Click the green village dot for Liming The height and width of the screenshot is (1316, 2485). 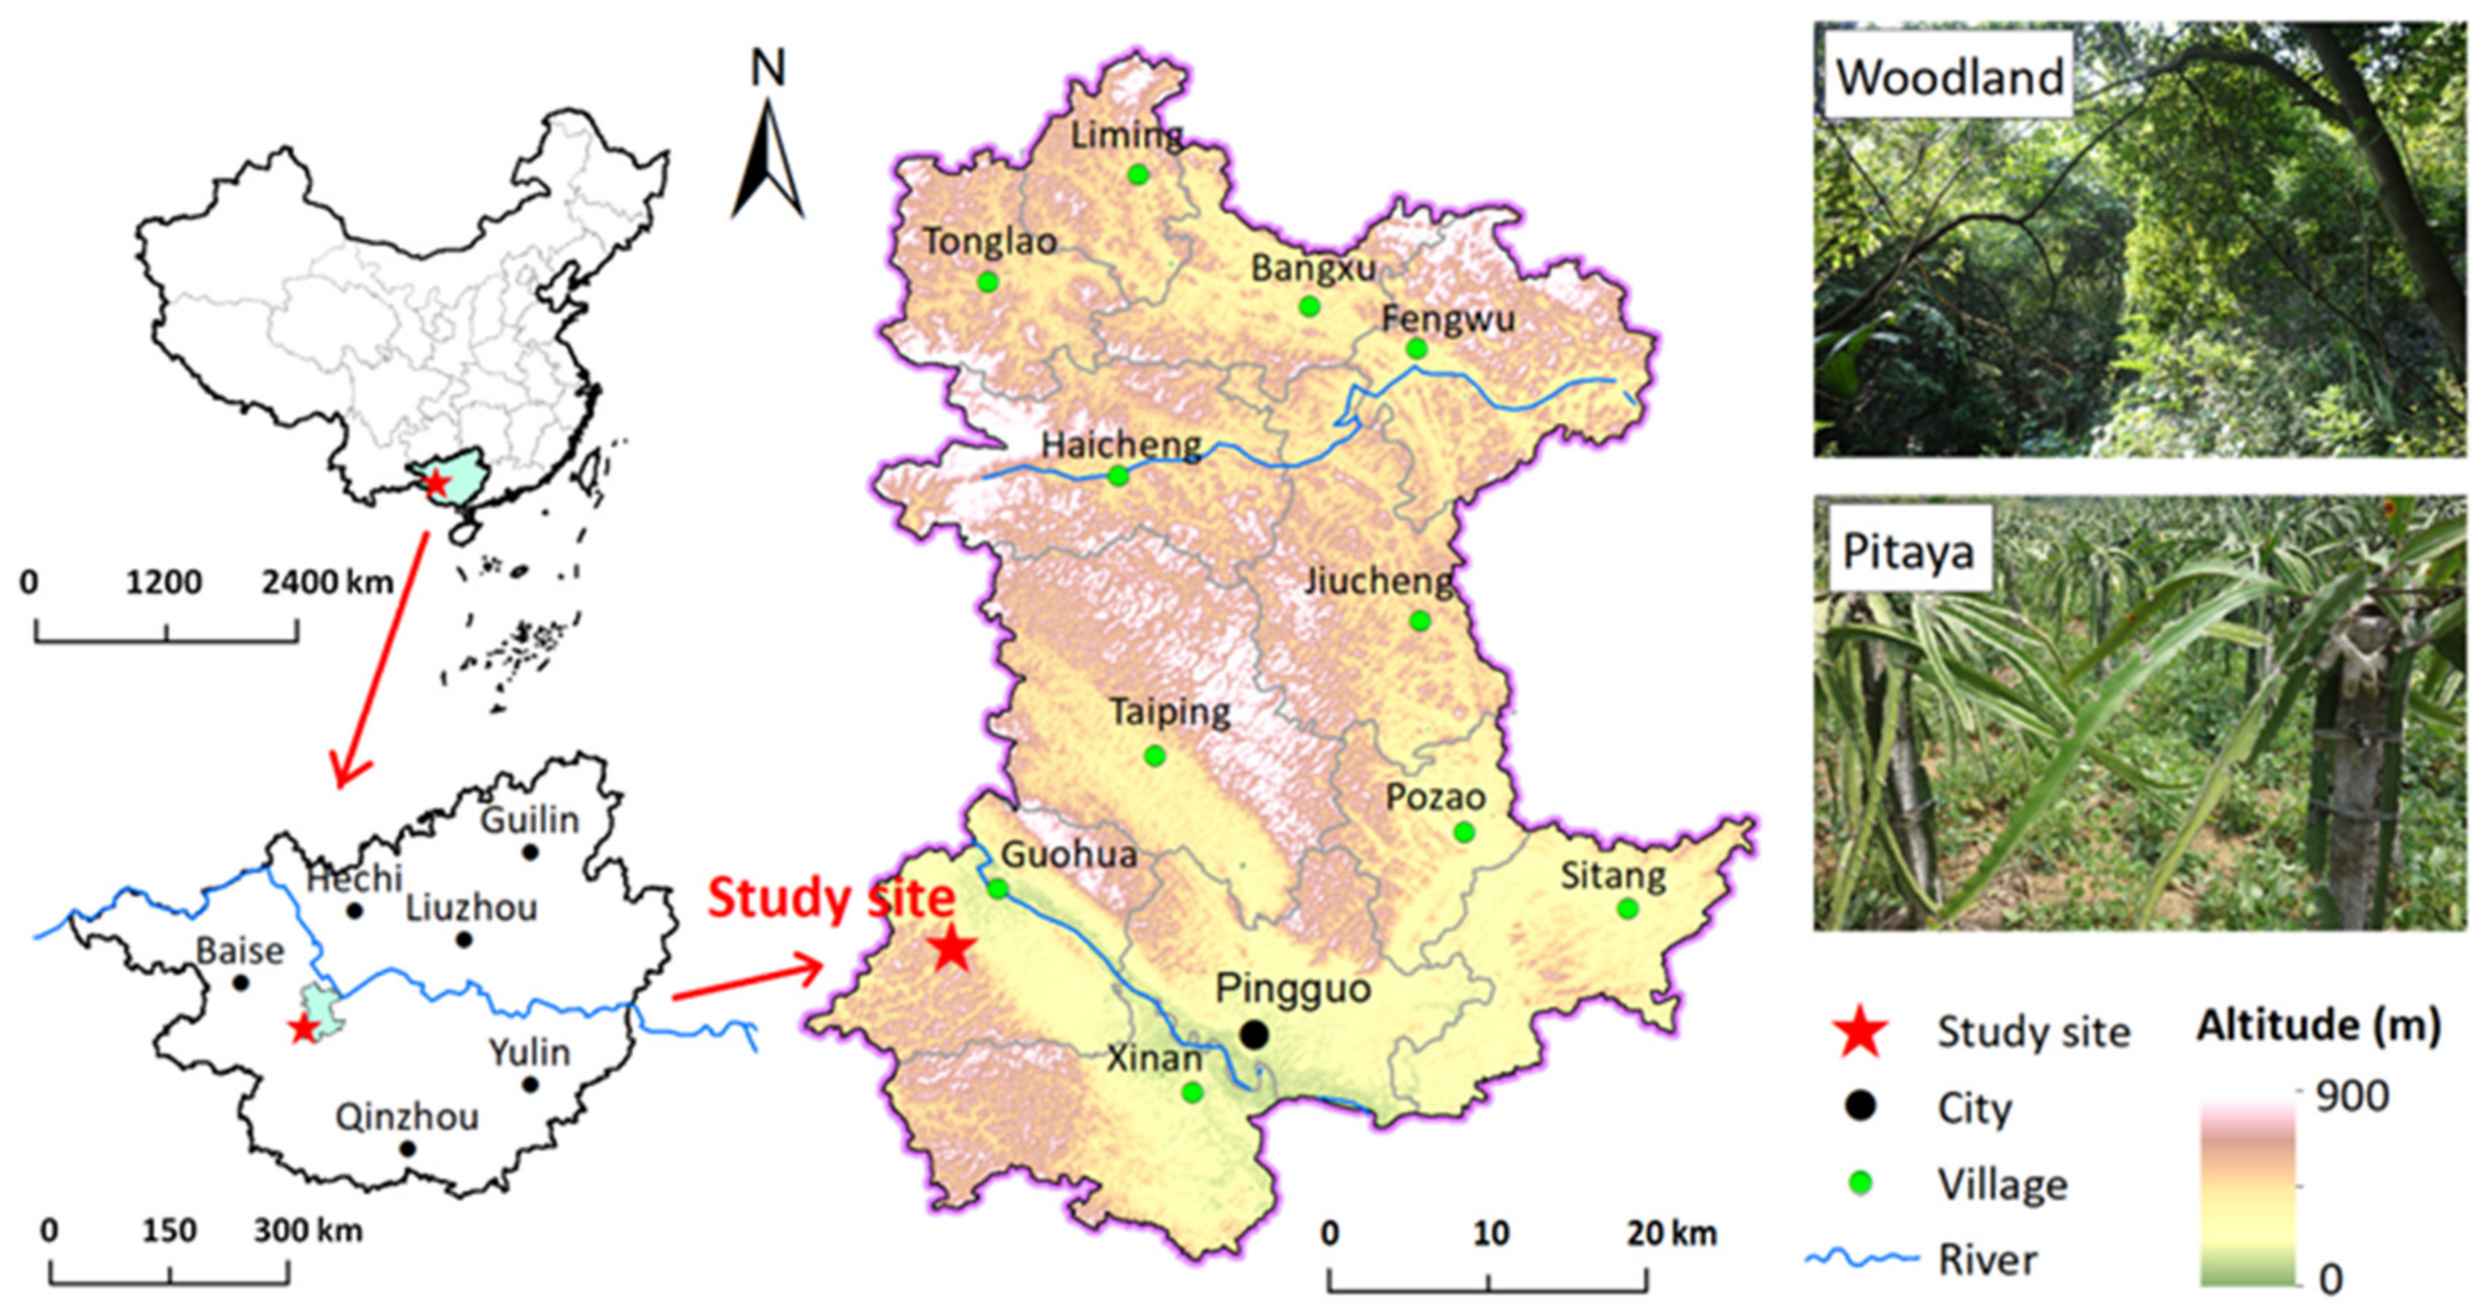[x=1138, y=174]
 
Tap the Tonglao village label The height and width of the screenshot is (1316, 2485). [x=989, y=241]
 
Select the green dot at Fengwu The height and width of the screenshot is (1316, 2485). [x=1415, y=348]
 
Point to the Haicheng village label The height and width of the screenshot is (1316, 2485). [x=1121, y=445]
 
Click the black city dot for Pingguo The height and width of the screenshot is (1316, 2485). [x=1253, y=1034]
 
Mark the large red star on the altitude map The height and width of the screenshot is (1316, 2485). [x=952, y=948]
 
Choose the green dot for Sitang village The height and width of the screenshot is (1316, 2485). [x=1627, y=908]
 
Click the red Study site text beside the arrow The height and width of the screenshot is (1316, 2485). [x=831, y=897]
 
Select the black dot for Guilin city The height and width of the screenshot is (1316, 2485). [x=529, y=852]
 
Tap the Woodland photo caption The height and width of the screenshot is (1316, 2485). [x=1948, y=77]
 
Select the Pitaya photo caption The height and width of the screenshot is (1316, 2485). [x=1907, y=552]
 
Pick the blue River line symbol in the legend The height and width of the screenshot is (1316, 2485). [x=1861, y=1258]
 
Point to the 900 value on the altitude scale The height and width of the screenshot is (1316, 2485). [x=2352, y=1096]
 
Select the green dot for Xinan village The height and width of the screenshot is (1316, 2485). [x=1192, y=1092]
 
